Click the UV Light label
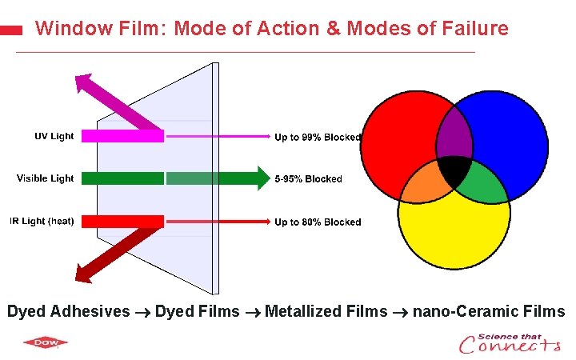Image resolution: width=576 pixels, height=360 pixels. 54,136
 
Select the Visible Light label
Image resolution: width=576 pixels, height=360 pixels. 45,178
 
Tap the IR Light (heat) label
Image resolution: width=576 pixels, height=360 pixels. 42,221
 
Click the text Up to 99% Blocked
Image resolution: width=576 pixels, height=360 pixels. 318,137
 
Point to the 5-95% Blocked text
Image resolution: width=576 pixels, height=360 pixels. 308,179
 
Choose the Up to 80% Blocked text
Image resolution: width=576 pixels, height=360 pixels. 318,222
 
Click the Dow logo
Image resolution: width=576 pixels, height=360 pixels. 45,343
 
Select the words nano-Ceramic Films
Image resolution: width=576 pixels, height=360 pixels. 488,311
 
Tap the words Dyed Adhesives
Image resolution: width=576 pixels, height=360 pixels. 68,311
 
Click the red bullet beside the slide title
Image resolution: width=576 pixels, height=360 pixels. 10,30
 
